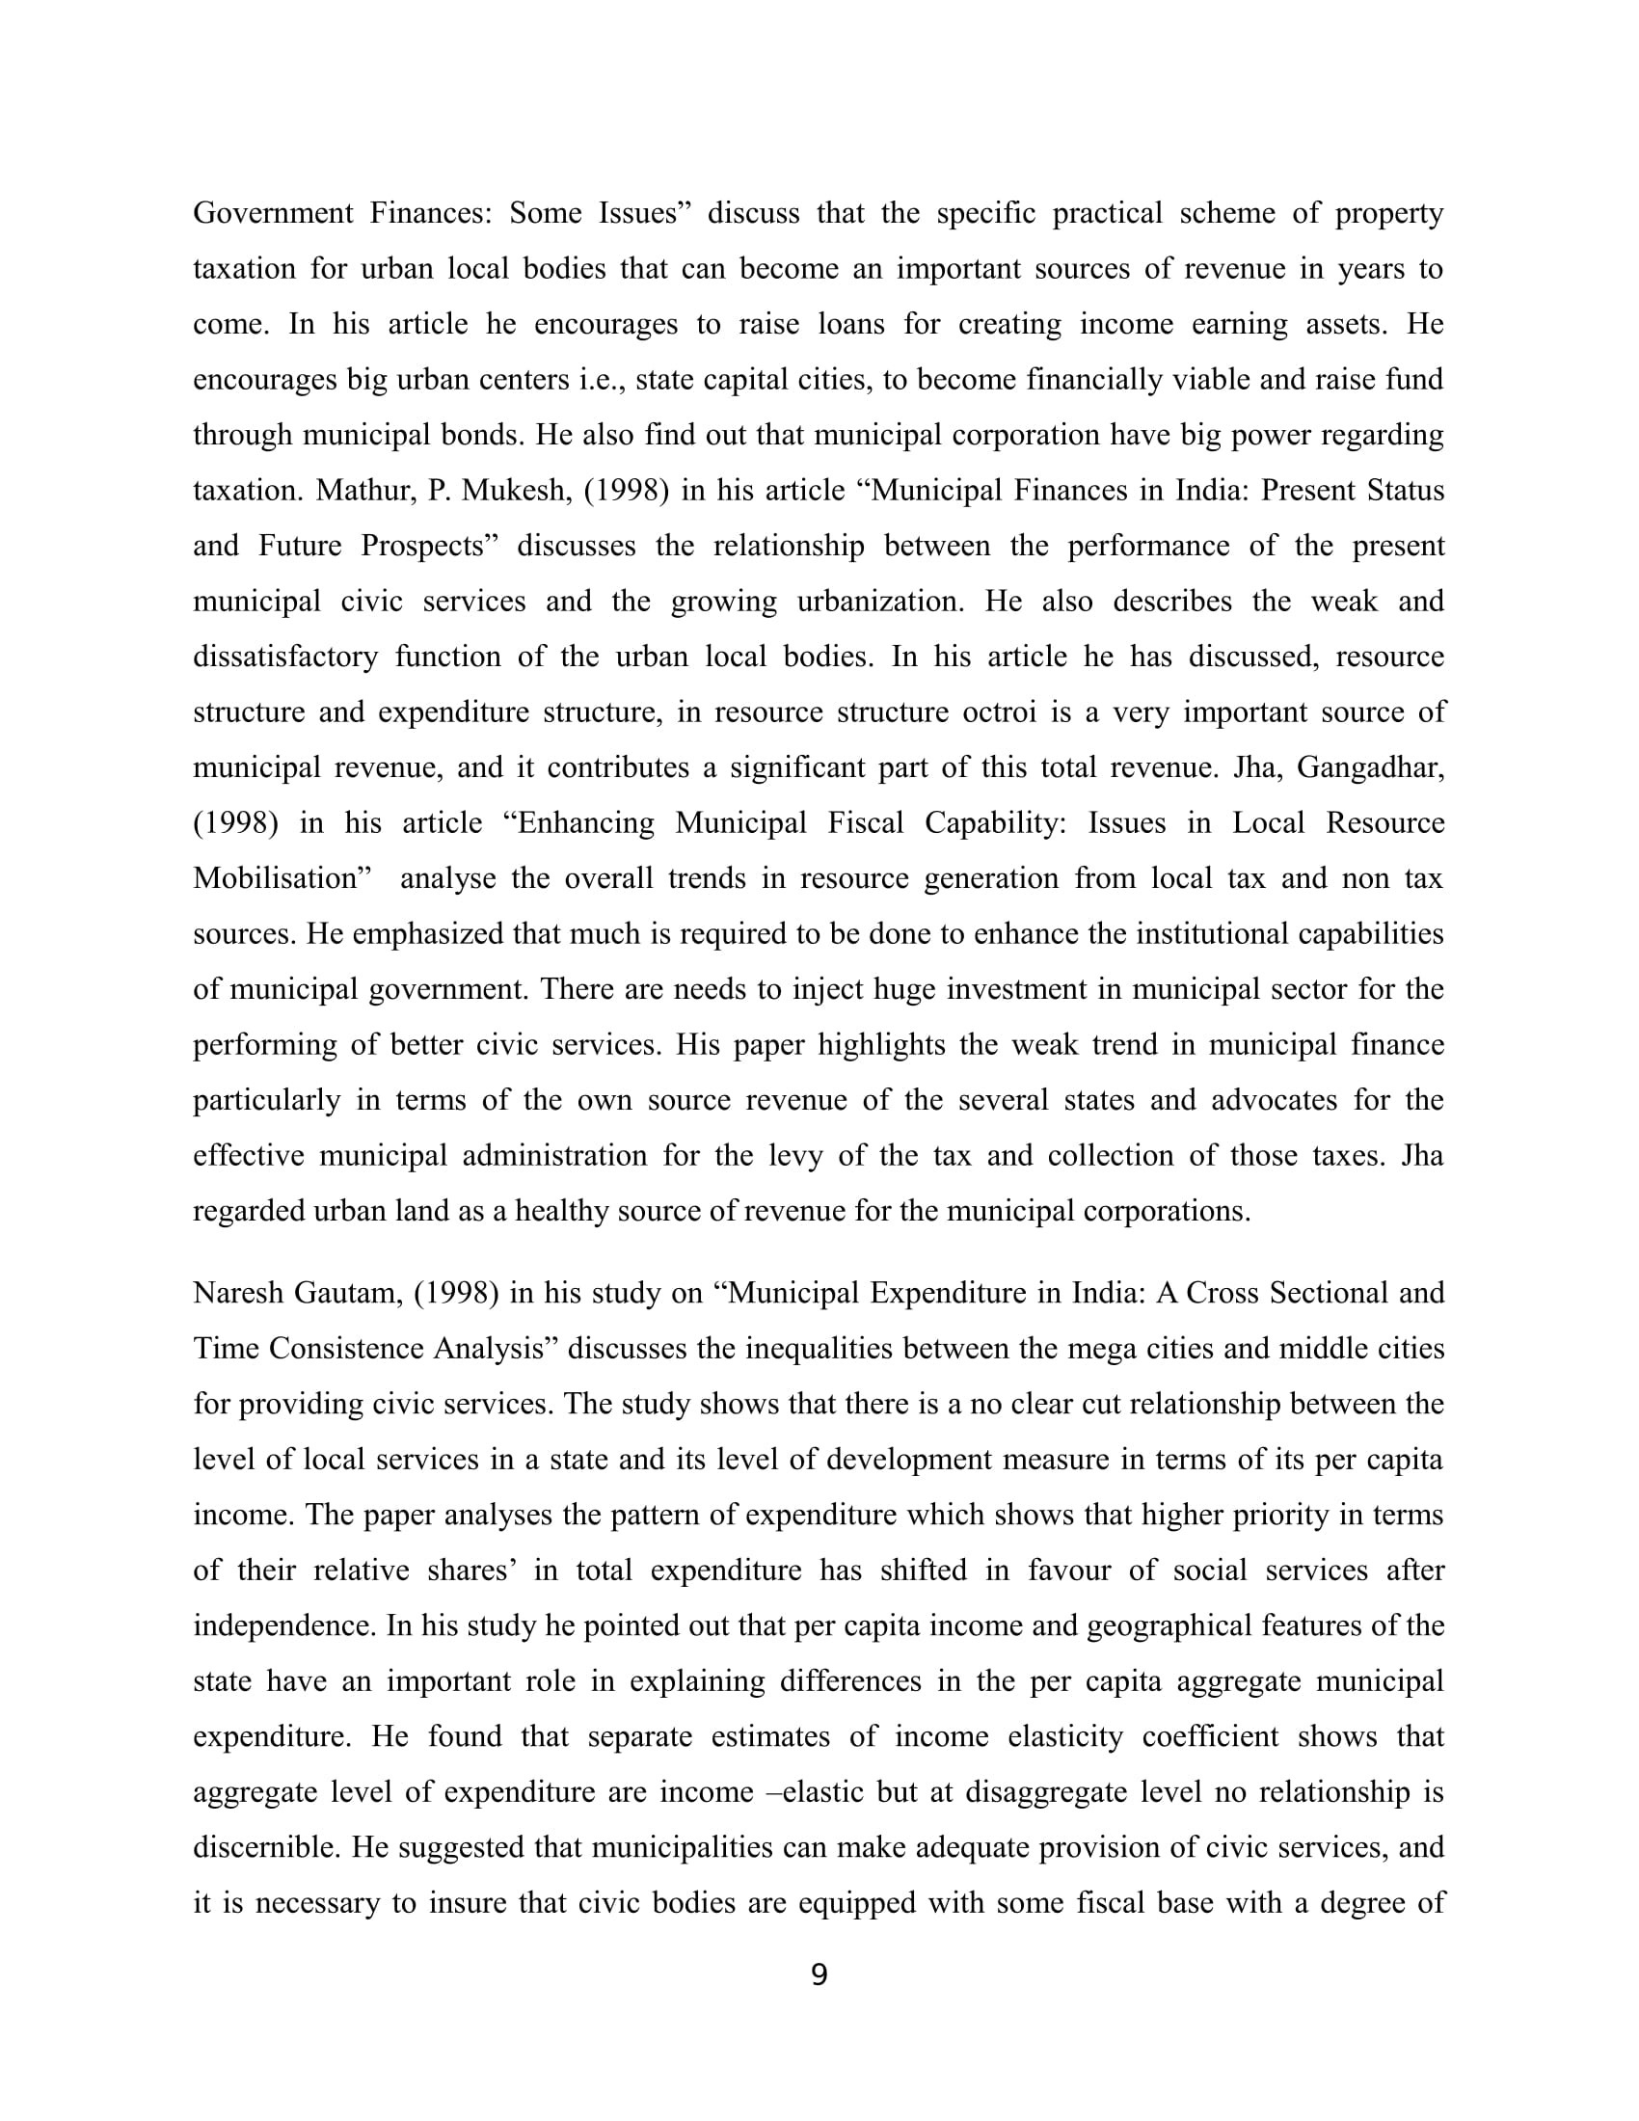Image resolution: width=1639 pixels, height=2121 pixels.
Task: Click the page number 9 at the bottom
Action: (x=819, y=1974)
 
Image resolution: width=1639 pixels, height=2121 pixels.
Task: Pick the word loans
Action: (x=850, y=323)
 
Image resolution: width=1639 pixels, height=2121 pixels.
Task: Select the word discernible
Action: (x=264, y=1846)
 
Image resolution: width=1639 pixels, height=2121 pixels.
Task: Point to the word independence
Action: (x=283, y=1624)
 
